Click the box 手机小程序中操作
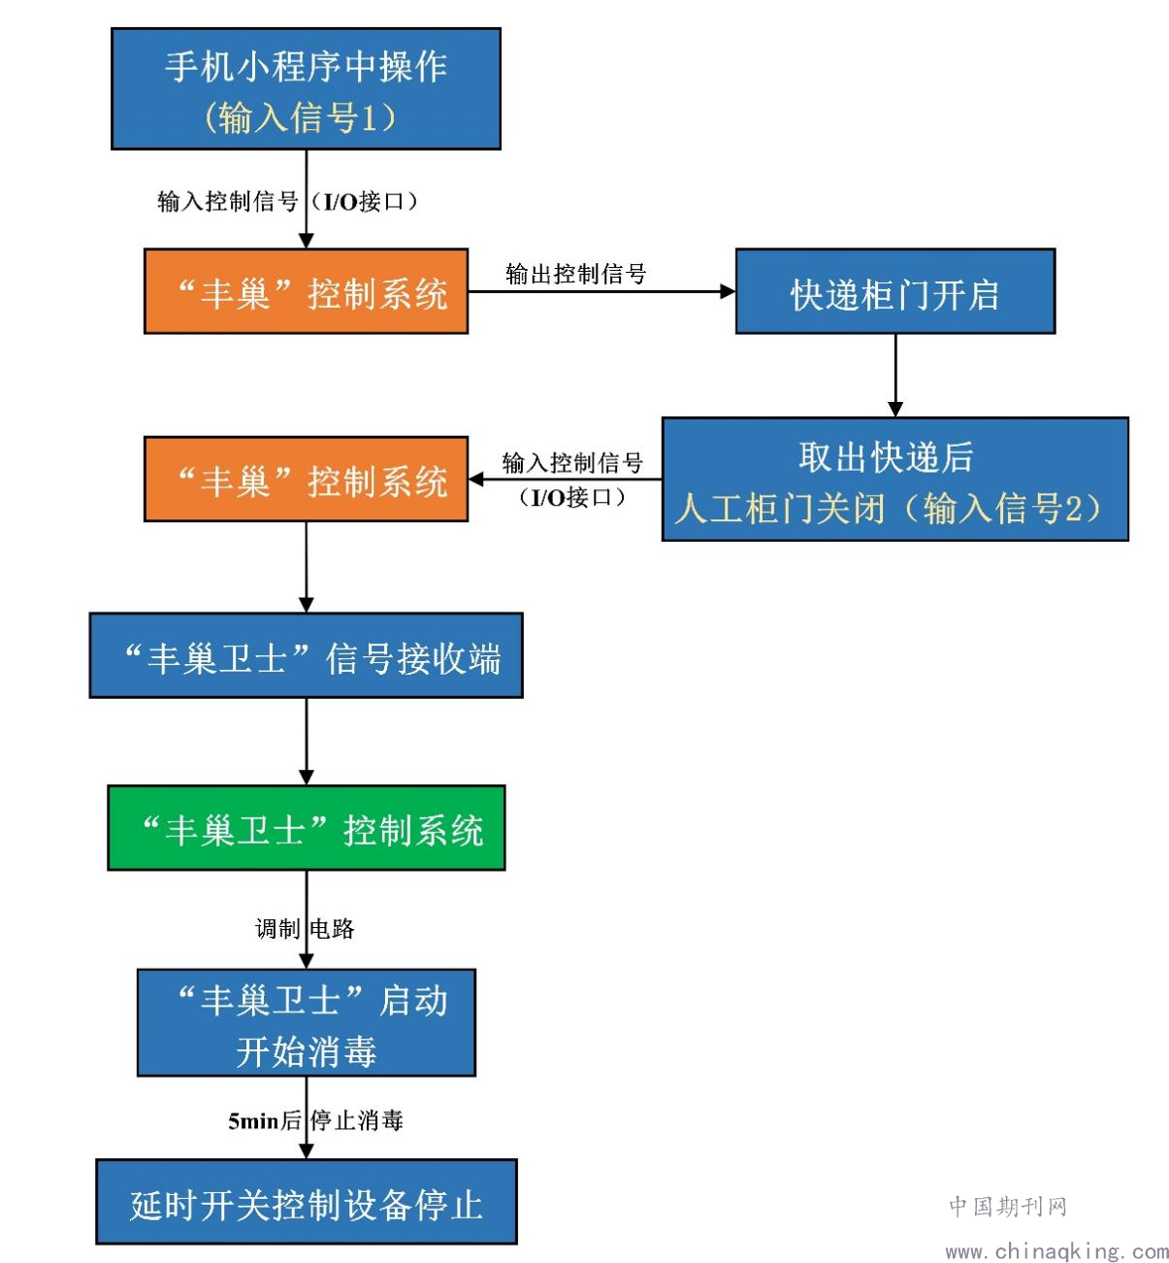click(x=306, y=88)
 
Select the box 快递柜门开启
click(x=895, y=291)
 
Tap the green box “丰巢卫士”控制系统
click(x=307, y=827)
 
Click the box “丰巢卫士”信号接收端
click(x=306, y=655)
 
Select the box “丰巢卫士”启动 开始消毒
click(x=307, y=1022)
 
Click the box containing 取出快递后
click(x=895, y=479)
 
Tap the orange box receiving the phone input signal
click(x=306, y=291)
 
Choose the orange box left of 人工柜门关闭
click(x=306, y=479)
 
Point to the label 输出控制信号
click(x=576, y=274)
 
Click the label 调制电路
click(x=305, y=928)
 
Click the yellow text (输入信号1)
click(x=300, y=117)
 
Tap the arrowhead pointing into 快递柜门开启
click(x=728, y=291)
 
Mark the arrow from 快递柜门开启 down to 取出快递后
click(x=895, y=376)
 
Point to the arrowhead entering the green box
click(x=307, y=778)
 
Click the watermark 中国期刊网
click(x=1008, y=1206)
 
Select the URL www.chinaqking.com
click(x=1056, y=1251)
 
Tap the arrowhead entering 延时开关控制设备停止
click(x=307, y=1151)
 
